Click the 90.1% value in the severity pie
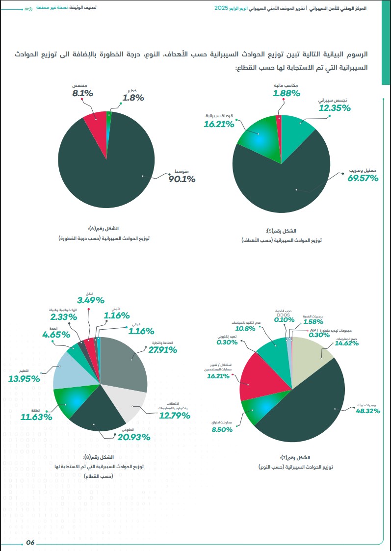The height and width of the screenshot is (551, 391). coord(182,179)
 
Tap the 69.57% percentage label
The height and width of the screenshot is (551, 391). coord(363,178)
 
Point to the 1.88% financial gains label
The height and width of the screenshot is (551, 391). coord(287,93)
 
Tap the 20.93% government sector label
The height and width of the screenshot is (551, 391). coord(134,437)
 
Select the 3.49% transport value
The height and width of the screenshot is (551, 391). coord(91,300)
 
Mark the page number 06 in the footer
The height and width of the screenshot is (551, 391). coord(30,542)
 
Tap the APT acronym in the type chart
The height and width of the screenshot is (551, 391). coord(313,330)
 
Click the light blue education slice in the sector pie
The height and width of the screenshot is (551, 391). coord(71,373)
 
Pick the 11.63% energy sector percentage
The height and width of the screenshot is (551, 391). coord(36,417)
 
